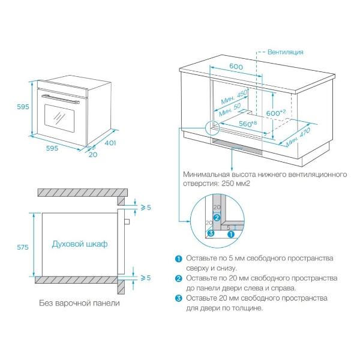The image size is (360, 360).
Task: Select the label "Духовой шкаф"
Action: [80, 244]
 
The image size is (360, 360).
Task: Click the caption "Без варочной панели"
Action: [79, 303]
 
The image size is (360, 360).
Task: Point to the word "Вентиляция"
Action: [285, 52]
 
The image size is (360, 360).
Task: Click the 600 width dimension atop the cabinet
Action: [235, 67]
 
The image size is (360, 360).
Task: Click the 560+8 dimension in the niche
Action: [244, 123]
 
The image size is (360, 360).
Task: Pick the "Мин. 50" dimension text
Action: [229, 110]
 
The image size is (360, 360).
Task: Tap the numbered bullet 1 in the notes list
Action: [178, 259]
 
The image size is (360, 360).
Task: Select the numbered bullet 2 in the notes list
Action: [178, 278]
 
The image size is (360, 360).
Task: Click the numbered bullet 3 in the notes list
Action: [178, 298]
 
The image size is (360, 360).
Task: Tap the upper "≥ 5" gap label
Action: [145, 207]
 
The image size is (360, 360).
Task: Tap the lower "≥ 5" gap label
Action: [145, 278]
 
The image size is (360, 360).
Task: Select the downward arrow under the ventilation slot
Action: [232, 160]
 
